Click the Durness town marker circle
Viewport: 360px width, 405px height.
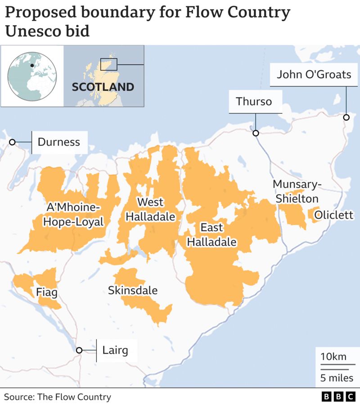[x=12, y=142]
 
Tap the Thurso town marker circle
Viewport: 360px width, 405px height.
[x=256, y=133]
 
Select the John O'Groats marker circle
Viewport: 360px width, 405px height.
[x=346, y=117]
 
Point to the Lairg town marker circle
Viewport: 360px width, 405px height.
[x=79, y=350]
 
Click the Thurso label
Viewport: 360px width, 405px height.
[x=254, y=101]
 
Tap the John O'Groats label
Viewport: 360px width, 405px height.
[x=314, y=74]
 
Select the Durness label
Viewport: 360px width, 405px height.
[x=58, y=142]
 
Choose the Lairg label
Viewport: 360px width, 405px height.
[x=115, y=350]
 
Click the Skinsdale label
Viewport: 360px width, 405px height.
[x=133, y=290]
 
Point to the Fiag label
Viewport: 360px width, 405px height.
[x=47, y=293]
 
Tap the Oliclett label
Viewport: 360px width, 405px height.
[x=334, y=215]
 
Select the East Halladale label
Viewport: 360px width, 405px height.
[x=211, y=234]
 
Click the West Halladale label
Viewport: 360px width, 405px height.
[x=150, y=209]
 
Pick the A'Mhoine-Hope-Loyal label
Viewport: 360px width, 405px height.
[x=75, y=215]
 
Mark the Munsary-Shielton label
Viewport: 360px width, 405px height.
[x=297, y=191]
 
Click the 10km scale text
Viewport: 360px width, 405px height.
[x=333, y=357]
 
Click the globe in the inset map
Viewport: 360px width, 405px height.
[x=32, y=76]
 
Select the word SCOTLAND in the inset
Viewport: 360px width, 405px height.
[x=103, y=87]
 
